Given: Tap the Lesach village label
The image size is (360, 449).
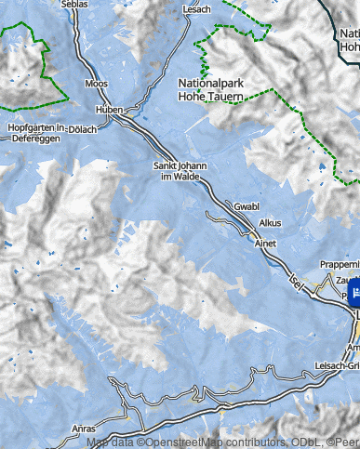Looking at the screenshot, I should pyautogui.click(x=197, y=9).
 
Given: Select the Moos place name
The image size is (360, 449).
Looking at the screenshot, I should pyautogui.click(x=96, y=84).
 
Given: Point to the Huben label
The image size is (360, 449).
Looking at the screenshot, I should pyautogui.click(x=110, y=109).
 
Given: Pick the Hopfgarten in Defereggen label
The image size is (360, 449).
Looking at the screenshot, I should pyautogui.click(x=35, y=132).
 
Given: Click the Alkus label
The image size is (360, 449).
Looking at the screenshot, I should pyautogui.click(x=270, y=223).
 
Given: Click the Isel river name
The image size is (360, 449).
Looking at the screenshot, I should pyautogui.click(x=297, y=279).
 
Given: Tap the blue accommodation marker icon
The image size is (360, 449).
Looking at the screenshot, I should pyautogui.click(x=354, y=297).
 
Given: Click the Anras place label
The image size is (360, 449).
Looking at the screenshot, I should pyautogui.click(x=83, y=429).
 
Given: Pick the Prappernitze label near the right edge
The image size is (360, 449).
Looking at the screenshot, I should pyautogui.click(x=339, y=264).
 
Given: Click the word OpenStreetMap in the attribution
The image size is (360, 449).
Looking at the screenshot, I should pyautogui.click(x=187, y=442).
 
